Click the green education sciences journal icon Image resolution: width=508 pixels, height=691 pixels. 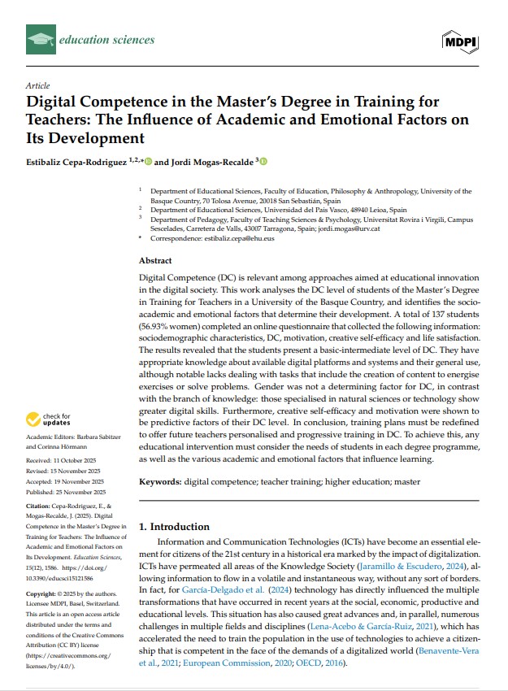point(40,39)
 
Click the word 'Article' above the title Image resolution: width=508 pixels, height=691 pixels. point(37,85)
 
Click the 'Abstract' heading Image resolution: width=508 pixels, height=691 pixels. point(155,260)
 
